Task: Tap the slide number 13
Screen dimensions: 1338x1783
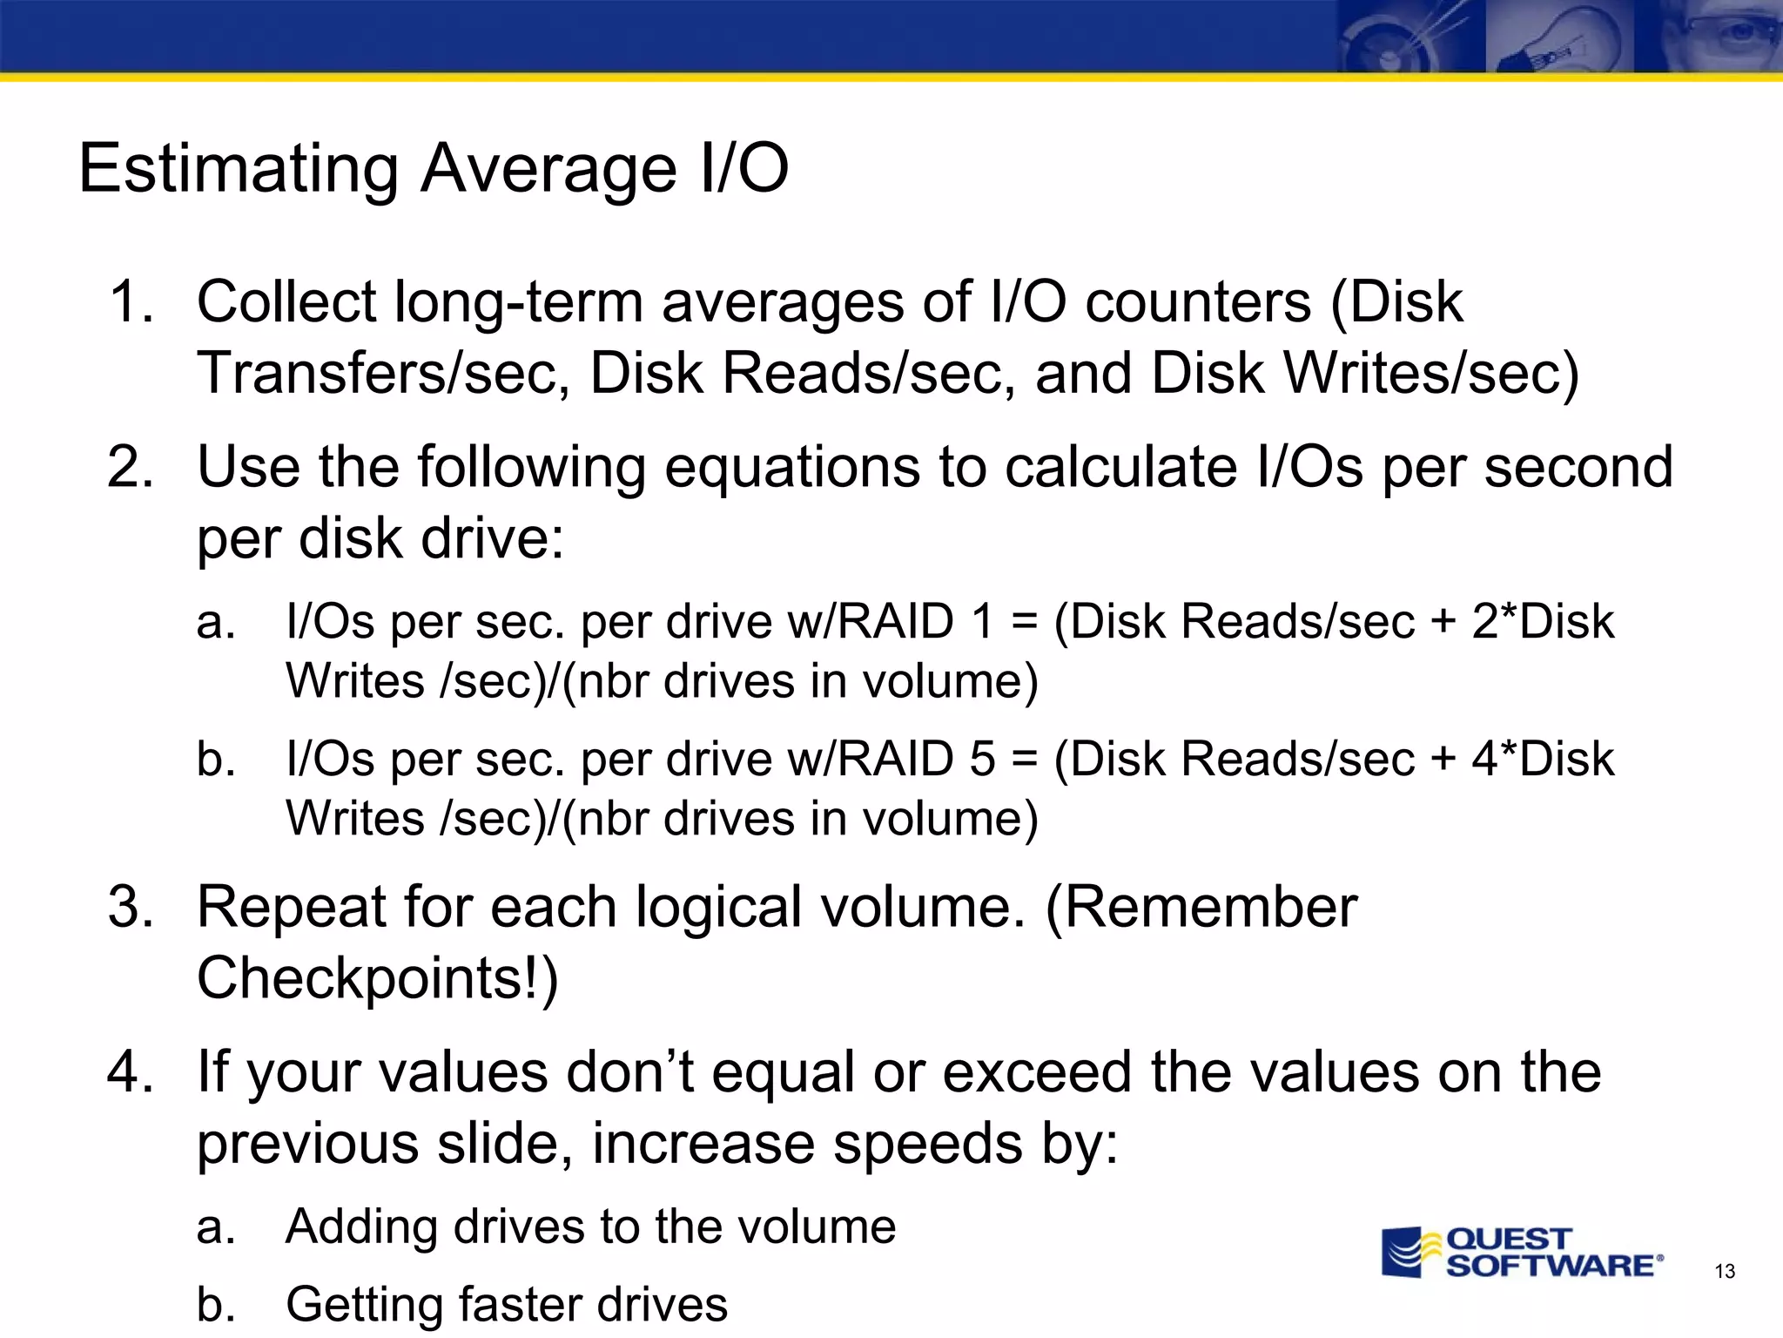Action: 1725,1272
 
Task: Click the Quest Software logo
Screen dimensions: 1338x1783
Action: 1522,1253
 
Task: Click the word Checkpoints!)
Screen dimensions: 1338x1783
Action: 378,978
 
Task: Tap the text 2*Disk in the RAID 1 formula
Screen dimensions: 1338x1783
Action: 1543,622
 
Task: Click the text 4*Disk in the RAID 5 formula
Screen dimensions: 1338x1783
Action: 1543,760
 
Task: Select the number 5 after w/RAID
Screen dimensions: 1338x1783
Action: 982,760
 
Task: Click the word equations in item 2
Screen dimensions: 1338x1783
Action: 791,469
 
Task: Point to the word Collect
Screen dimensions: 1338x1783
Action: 286,302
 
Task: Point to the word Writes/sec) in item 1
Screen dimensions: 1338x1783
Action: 1431,374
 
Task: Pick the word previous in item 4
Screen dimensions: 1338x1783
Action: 306,1145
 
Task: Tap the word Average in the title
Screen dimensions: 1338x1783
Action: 548,168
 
